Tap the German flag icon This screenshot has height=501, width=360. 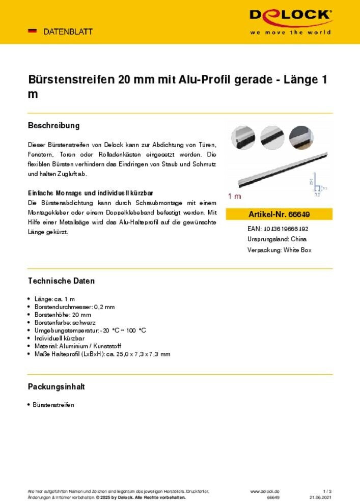point(32,31)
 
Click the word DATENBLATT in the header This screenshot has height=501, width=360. point(68,32)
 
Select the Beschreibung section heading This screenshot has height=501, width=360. point(53,125)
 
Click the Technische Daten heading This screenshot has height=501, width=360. point(61,281)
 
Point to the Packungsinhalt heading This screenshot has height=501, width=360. point(56,386)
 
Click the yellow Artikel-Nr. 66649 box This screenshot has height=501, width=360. point(279,214)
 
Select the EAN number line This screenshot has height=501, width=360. point(278,229)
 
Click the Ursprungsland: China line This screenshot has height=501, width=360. point(276,239)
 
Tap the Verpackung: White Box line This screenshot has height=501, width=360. point(279,250)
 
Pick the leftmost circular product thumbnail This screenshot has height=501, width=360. point(243,137)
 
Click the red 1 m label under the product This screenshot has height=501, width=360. point(234,196)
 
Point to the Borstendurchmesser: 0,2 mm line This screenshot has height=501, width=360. point(74,307)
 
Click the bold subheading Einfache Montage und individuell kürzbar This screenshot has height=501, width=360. point(91,193)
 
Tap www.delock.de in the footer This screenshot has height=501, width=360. point(264,491)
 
